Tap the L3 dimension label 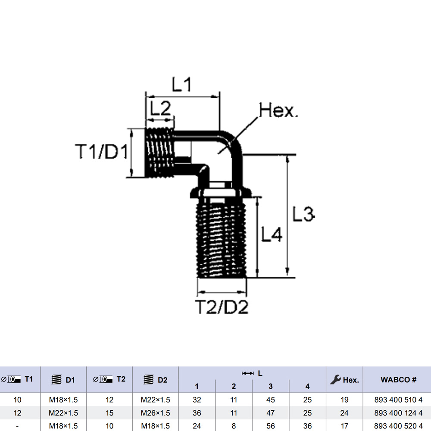point(303,214)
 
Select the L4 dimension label point(272,235)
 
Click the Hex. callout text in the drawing point(278,111)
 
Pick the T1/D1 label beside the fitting point(102,152)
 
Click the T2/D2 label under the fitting point(222,307)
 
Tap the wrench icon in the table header point(335,380)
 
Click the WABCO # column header point(398,380)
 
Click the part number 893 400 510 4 point(398,400)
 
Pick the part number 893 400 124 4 point(398,413)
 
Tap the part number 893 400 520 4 point(398,426)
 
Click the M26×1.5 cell point(156,413)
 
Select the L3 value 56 point(271,426)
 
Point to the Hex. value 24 point(344,413)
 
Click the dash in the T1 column point(17,426)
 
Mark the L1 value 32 point(197,400)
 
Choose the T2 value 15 point(109,413)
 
